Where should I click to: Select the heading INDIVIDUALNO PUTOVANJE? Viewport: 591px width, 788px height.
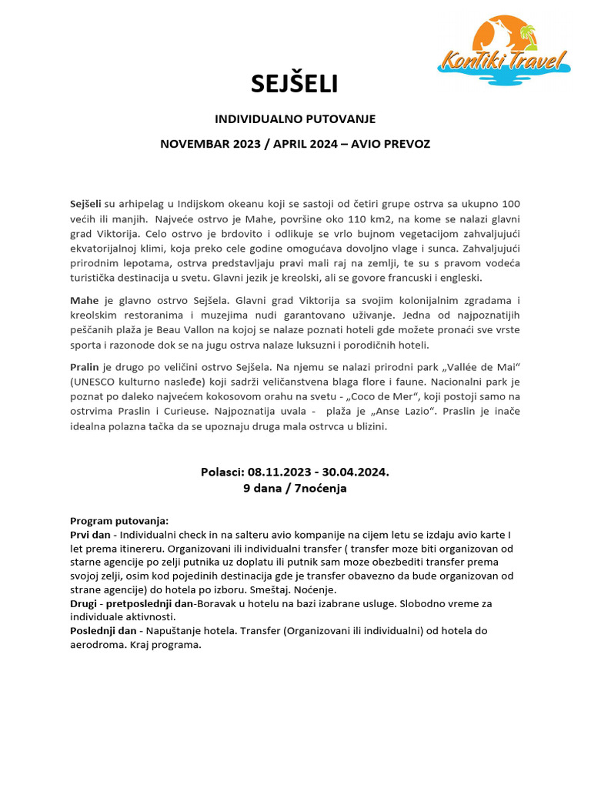[295, 119]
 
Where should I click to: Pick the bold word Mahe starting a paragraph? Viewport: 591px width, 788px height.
[84, 300]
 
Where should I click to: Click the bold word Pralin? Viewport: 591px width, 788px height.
[85, 367]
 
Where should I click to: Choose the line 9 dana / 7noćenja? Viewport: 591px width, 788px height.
[295, 488]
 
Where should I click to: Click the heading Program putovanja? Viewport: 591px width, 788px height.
[119, 520]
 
